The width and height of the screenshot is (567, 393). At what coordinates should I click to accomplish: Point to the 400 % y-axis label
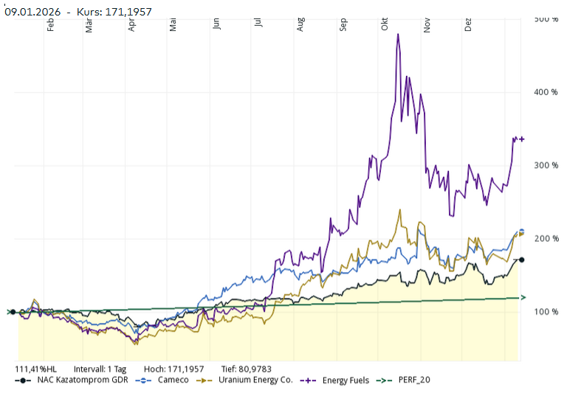pyautogui.click(x=546, y=92)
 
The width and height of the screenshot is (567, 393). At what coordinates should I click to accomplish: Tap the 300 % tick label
pyautogui.click(x=546, y=165)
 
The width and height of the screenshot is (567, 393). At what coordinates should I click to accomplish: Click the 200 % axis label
pyautogui.click(x=546, y=239)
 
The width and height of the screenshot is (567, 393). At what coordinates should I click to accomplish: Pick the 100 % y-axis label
pyautogui.click(x=546, y=312)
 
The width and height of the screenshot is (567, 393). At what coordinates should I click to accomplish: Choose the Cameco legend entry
pyautogui.click(x=173, y=380)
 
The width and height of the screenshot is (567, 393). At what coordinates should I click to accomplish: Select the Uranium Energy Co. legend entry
pyautogui.click(x=255, y=380)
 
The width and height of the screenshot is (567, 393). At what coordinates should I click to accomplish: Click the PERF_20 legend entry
pyautogui.click(x=409, y=380)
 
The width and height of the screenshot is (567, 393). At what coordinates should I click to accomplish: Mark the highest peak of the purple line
pyautogui.click(x=398, y=34)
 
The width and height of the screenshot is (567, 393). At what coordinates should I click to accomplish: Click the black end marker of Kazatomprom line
pyautogui.click(x=521, y=260)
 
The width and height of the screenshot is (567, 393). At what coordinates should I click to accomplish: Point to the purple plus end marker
pyautogui.click(x=521, y=139)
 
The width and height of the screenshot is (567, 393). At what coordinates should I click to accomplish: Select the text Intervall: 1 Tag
pyautogui.click(x=100, y=368)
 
